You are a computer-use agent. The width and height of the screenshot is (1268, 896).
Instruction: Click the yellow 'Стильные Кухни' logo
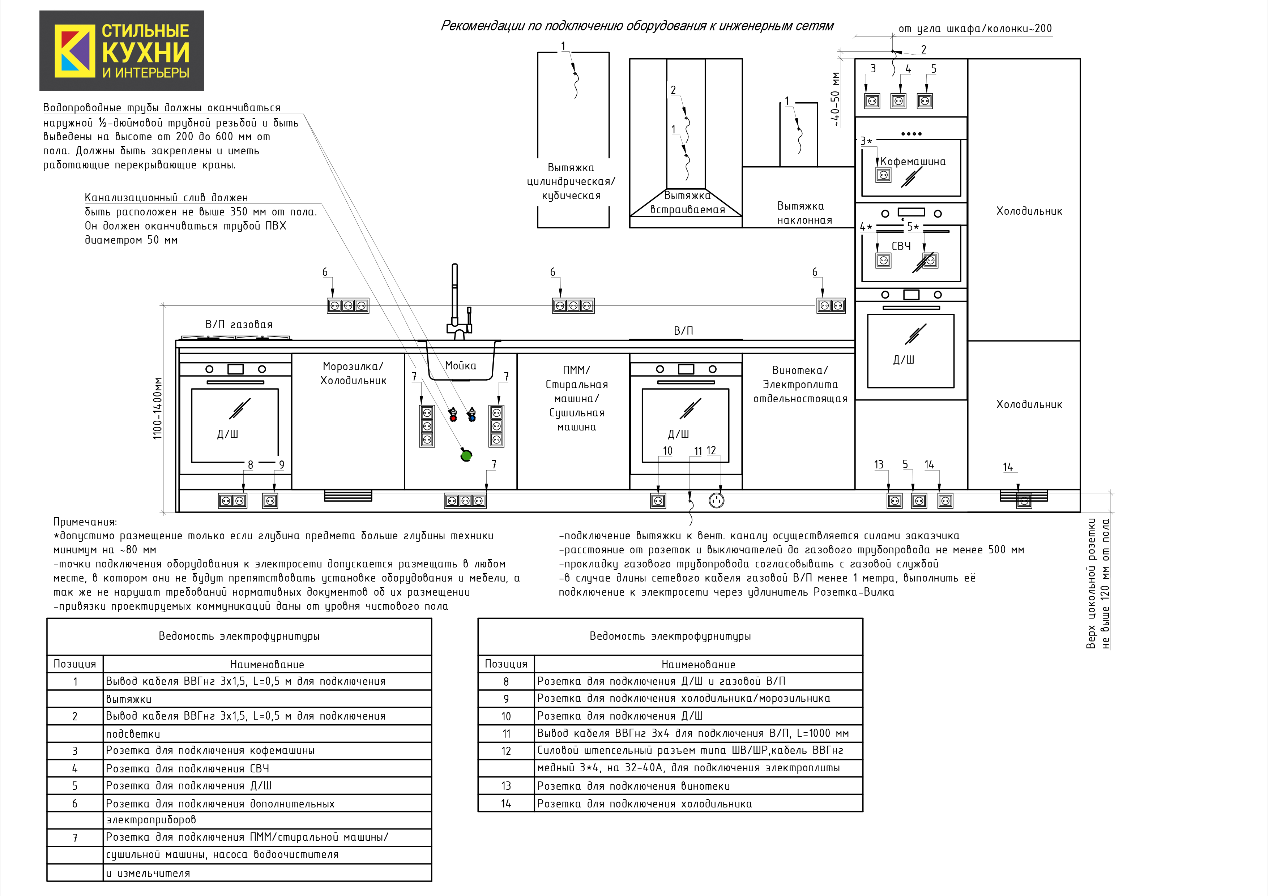tap(121, 51)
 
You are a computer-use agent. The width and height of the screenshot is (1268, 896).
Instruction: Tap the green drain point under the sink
tap(466, 455)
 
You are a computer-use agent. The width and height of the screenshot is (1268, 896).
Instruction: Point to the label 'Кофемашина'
tap(912, 162)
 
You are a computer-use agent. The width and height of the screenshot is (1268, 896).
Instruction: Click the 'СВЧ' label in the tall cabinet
tap(901, 246)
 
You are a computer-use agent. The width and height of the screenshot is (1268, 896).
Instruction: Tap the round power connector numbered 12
tap(716, 501)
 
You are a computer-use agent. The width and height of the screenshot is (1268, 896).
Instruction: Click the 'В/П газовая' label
tap(239, 325)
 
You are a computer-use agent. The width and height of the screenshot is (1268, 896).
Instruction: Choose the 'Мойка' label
tap(461, 365)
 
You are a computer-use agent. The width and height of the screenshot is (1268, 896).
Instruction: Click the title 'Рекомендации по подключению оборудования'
tap(637, 26)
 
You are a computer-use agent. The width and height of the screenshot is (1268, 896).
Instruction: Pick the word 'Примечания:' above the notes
tap(85, 522)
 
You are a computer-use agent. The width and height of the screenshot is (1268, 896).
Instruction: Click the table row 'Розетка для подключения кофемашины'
tap(210, 751)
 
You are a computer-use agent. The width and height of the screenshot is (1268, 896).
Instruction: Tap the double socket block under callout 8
tap(232, 501)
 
